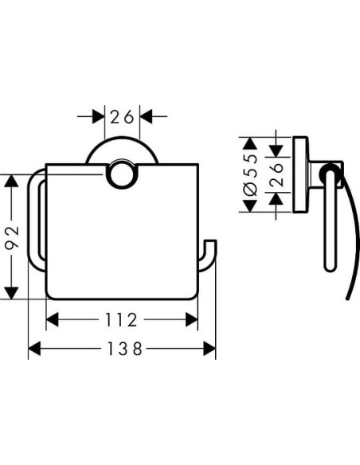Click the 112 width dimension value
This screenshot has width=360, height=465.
click(x=122, y=320)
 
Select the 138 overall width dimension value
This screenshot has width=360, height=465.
click(x=122, y=349)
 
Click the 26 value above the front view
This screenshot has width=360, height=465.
click(x=122, y=116)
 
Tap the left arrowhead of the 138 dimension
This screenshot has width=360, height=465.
click(x=34, y=349)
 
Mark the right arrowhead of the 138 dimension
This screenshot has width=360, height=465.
click(x=209, y=349)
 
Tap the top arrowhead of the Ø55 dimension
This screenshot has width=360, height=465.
click(x=248, y=143)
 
